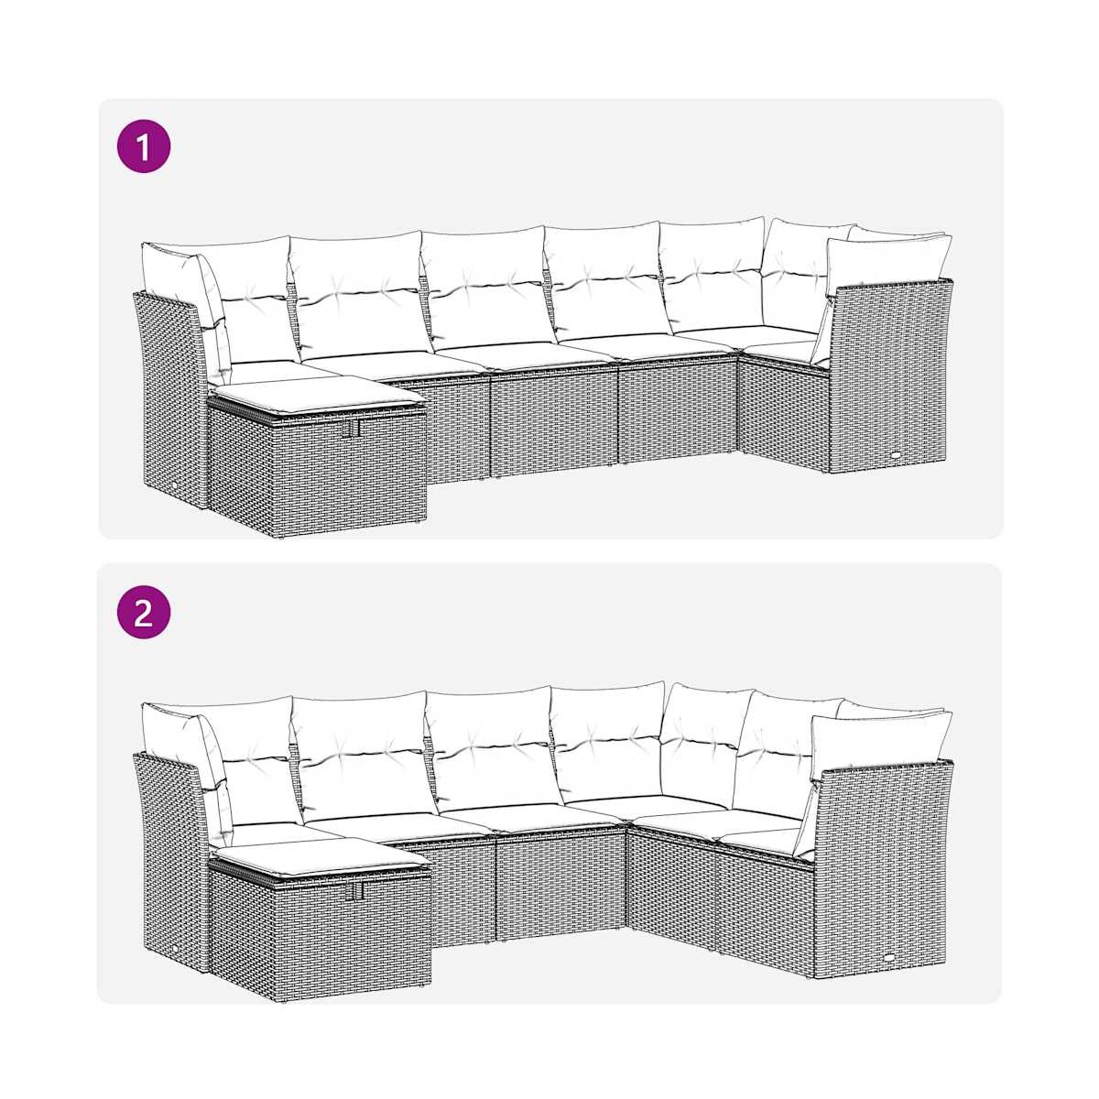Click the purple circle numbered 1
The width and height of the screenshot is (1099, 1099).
(x=144, y=146)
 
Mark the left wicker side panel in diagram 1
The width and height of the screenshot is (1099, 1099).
(x=171, y=394)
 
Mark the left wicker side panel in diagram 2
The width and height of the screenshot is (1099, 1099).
(x=171, y=855)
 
